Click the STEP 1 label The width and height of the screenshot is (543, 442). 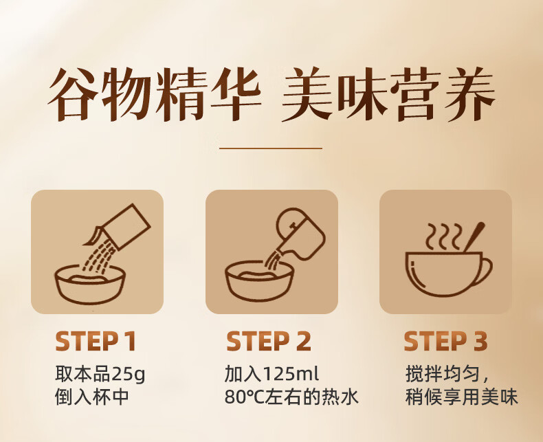(96, 341)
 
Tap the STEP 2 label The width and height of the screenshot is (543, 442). (269, 341)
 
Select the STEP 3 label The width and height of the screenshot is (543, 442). (445, 341)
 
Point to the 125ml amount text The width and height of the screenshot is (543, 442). (291, 374)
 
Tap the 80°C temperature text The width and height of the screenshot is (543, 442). (244, 397)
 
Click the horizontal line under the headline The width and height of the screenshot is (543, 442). (271, 148)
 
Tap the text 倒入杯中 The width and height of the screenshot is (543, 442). (92, 397)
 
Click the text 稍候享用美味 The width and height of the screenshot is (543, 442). (462, 397)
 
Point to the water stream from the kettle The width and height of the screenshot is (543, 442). (274, 261)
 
